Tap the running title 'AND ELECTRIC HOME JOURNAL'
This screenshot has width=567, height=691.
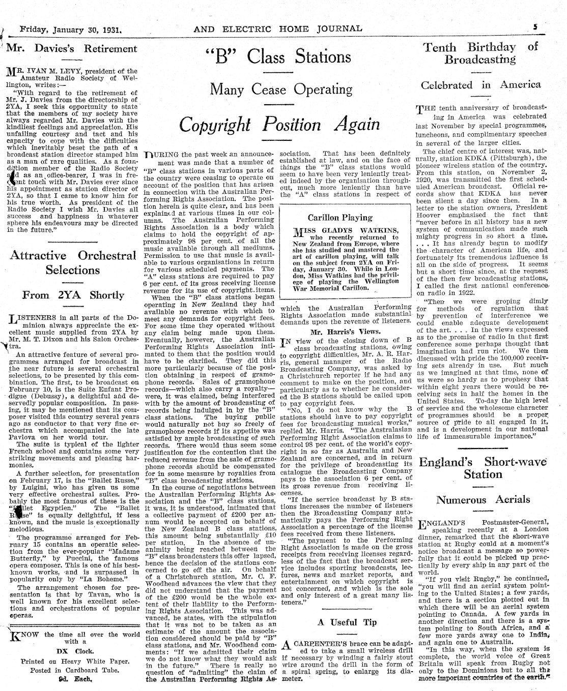278,29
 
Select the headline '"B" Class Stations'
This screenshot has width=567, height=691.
278,56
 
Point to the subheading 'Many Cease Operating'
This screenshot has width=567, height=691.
281,90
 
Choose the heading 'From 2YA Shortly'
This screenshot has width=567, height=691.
73,295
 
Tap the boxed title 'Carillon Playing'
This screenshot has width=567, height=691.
340,218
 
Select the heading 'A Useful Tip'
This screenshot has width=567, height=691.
348,622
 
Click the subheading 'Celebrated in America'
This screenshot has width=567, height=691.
480,85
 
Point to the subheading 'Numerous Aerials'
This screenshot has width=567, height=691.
483,500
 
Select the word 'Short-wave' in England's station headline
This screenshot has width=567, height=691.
516,462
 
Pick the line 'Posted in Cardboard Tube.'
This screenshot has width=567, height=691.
74,670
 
